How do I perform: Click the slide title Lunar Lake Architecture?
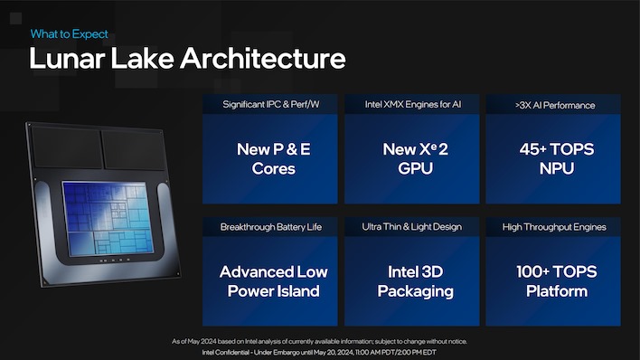(x=187, y=59)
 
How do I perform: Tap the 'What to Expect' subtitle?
(x=70, y=34)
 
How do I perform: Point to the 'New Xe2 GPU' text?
(x=412, y=157)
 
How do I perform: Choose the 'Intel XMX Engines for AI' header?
(x=412, y=105)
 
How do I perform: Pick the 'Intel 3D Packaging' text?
(x=412, y=281)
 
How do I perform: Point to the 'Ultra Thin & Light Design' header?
(x=412, y=227)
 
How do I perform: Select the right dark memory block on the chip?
(x=131, y=147)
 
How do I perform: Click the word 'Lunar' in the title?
(x=64, y=59)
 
